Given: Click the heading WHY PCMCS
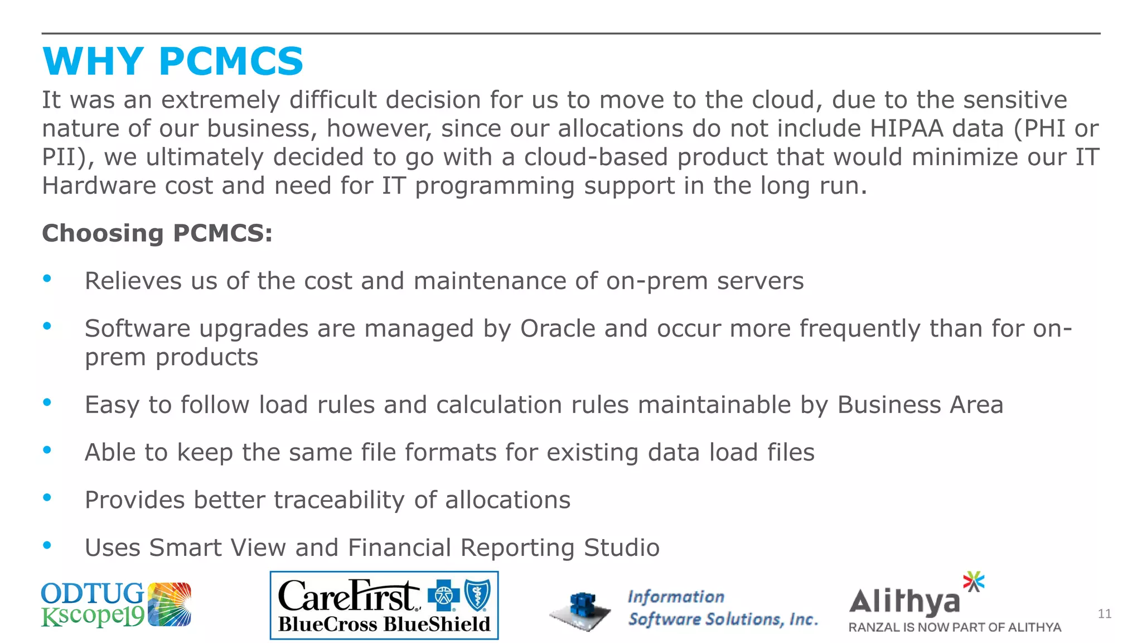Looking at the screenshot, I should pos(173,61).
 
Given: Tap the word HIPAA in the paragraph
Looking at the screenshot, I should pos(906,128).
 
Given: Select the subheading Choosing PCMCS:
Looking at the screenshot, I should pos(157,233).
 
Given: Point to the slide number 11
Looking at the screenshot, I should pos(1104,614).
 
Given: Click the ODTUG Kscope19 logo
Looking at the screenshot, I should pos(116,605).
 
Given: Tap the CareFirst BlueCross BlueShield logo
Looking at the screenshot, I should pos(384,606).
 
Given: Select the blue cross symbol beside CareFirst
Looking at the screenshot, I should pos(444,596).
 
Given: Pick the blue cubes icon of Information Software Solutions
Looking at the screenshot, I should pos(581,610).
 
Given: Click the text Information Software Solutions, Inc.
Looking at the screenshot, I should pos(723,608).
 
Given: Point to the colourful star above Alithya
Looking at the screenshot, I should pos(974,582).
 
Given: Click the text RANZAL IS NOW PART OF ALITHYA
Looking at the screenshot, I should pos(955,627).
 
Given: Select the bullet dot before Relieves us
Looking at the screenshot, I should pos(47,278).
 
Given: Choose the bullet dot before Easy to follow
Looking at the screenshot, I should pos(47,402).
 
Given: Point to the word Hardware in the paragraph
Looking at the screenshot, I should pos(99,185).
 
